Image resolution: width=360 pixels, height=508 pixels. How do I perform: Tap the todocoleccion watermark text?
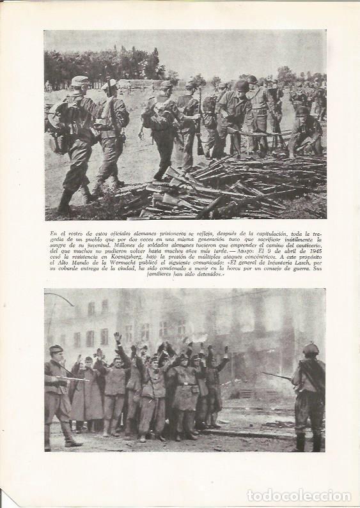click(x=297, y=495)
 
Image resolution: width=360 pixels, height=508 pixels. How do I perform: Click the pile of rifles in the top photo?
click(x=217, y=192)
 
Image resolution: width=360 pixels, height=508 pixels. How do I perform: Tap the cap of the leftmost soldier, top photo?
click(x=80, y=81)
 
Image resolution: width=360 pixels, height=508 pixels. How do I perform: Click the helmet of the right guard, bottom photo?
click(x=311, y=349)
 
